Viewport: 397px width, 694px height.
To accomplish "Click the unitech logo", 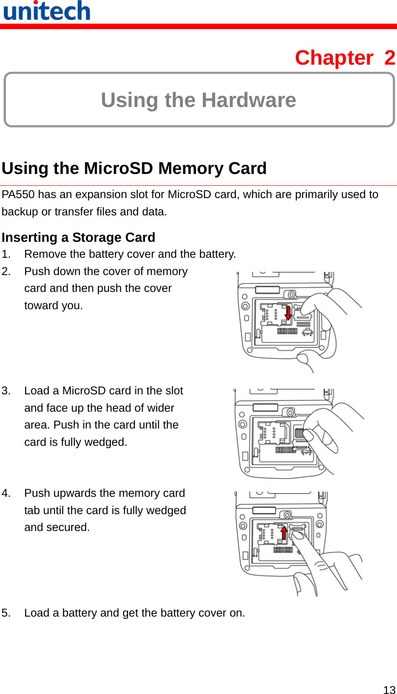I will click(x=46, y=11).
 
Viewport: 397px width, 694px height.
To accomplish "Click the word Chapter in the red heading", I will click(x=334, y=58).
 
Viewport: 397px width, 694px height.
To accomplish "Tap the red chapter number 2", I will click(x=389, y=58).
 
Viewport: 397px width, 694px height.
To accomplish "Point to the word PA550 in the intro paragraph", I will click(x=18, y=195).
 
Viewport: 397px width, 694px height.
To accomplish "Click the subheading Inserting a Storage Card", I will click(x=78, y=238).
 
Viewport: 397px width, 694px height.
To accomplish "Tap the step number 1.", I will click(x=5, y=254).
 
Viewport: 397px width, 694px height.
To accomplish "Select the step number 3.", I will click(x=5, y=391).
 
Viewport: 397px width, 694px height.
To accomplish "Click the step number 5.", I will click(x=5, y=613).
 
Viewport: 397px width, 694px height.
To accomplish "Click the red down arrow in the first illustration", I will click(x=288, y=313).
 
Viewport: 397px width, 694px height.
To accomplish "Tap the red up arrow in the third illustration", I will click(x=284, y=532).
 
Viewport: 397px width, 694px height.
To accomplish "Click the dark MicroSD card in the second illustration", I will click(x=299, y=433).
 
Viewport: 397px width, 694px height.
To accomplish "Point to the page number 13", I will click(x=389, y=690).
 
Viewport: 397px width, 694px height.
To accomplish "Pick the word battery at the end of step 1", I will click(x=217, y=254).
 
